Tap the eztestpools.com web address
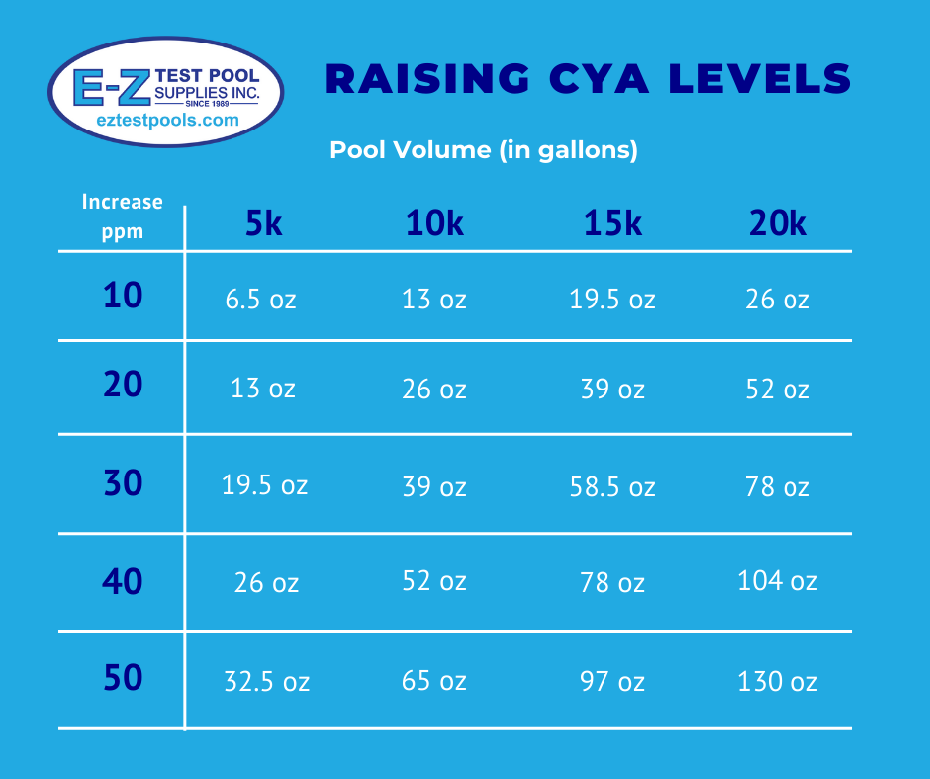tap(167, 120)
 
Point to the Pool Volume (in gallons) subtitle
tap(483, 150)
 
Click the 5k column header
tap(264, 224)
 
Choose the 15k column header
tap(612, 224)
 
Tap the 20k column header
tap(778, 224)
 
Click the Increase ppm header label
tap(122, 216)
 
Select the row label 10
tap(123, 296)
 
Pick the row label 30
tap(123, 483)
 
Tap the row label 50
tap(123, 679)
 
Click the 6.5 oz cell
tap(261, 300)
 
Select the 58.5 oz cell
tap(612, 486)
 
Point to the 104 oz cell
tap(777, 580)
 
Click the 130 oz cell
tap(777, 681)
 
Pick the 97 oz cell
tap(612, 681)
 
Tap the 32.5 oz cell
tap(265, 681)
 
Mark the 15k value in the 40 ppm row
tap(612, 583)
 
